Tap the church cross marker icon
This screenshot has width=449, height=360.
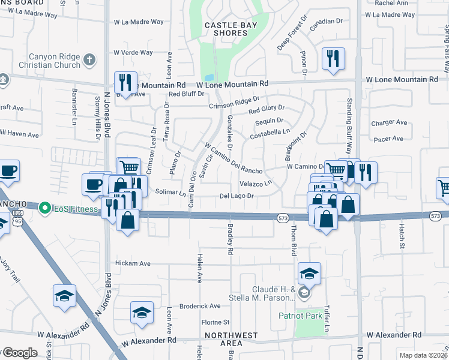[88, 59]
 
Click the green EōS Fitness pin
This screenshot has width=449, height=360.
[44, 209]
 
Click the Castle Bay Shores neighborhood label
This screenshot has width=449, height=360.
[225, 29]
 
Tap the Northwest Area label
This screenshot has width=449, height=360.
[223, 339]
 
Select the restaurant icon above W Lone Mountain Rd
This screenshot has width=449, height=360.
[331, 59]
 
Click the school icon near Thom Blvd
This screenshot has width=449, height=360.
[309, 274]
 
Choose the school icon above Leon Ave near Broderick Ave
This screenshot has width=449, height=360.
[142, 313]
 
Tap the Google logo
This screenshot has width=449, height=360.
[19, 353]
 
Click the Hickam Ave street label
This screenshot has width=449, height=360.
[133, 263]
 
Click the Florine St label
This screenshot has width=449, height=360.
[215, 322]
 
